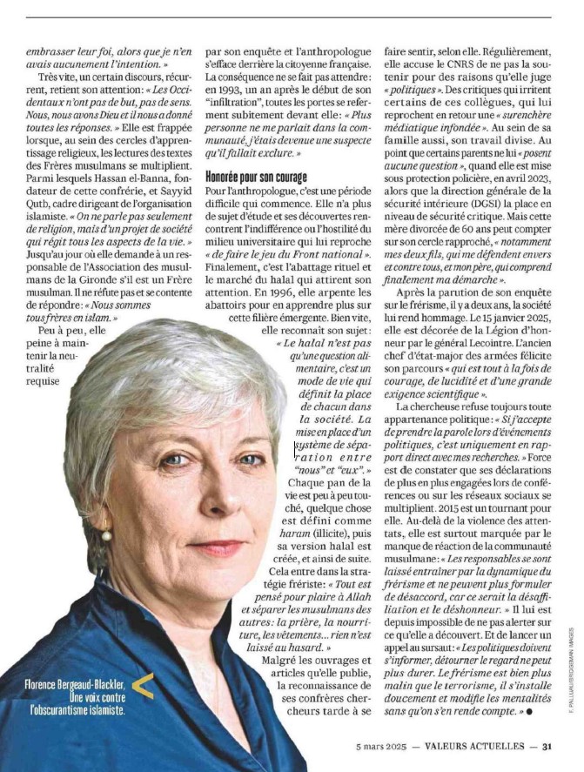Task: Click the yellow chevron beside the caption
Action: tap(144, 687)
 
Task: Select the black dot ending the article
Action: tap(528, 711)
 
